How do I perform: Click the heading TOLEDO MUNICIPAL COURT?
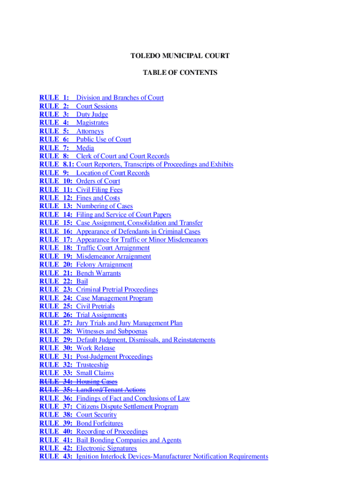180,56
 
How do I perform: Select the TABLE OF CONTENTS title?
180,73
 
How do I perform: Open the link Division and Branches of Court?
120,98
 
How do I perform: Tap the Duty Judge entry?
92,115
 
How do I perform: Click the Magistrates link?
92,123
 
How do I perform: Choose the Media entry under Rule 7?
85,148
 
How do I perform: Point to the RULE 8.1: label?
57,165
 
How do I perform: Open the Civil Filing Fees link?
99,190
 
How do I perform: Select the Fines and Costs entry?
98,198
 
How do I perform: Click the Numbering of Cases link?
104,206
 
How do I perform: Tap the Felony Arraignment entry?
104,265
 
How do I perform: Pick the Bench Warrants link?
98,273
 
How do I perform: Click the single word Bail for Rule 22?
82,282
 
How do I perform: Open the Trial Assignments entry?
101,315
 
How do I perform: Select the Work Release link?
95,348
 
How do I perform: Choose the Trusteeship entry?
92,365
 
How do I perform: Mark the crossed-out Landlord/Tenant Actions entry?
111,390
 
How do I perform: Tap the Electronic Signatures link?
107,449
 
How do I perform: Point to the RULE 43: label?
56,457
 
